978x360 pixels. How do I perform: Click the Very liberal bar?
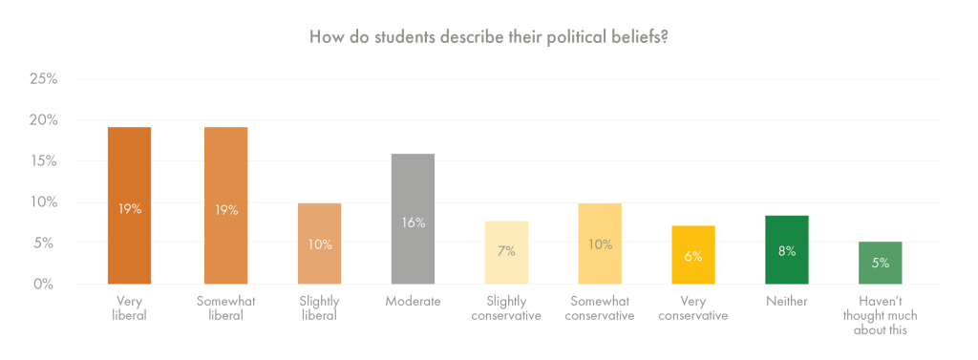tap(129, 205)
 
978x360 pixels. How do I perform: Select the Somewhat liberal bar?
tap(225, 205)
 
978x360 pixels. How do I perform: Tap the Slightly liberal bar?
tap(319, 244)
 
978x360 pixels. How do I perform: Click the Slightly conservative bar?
tap(506, 252)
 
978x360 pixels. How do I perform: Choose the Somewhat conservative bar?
tap(600, 244)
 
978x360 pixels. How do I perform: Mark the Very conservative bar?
tap(693, 255)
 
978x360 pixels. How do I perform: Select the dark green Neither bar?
tap(787, 250)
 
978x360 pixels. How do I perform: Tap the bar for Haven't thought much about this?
tap(881, 263)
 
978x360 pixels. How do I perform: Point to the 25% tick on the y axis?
tap(42, 79)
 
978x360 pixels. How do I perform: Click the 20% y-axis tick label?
tap(42, 120)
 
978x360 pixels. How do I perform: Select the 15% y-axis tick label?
tap(42, 161)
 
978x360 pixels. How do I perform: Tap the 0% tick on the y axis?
tap(46, 285)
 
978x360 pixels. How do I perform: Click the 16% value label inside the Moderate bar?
tap(413, 222)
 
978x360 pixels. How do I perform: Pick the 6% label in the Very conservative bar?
tap(693, 256)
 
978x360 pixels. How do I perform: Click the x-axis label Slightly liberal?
tap(319, 308)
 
